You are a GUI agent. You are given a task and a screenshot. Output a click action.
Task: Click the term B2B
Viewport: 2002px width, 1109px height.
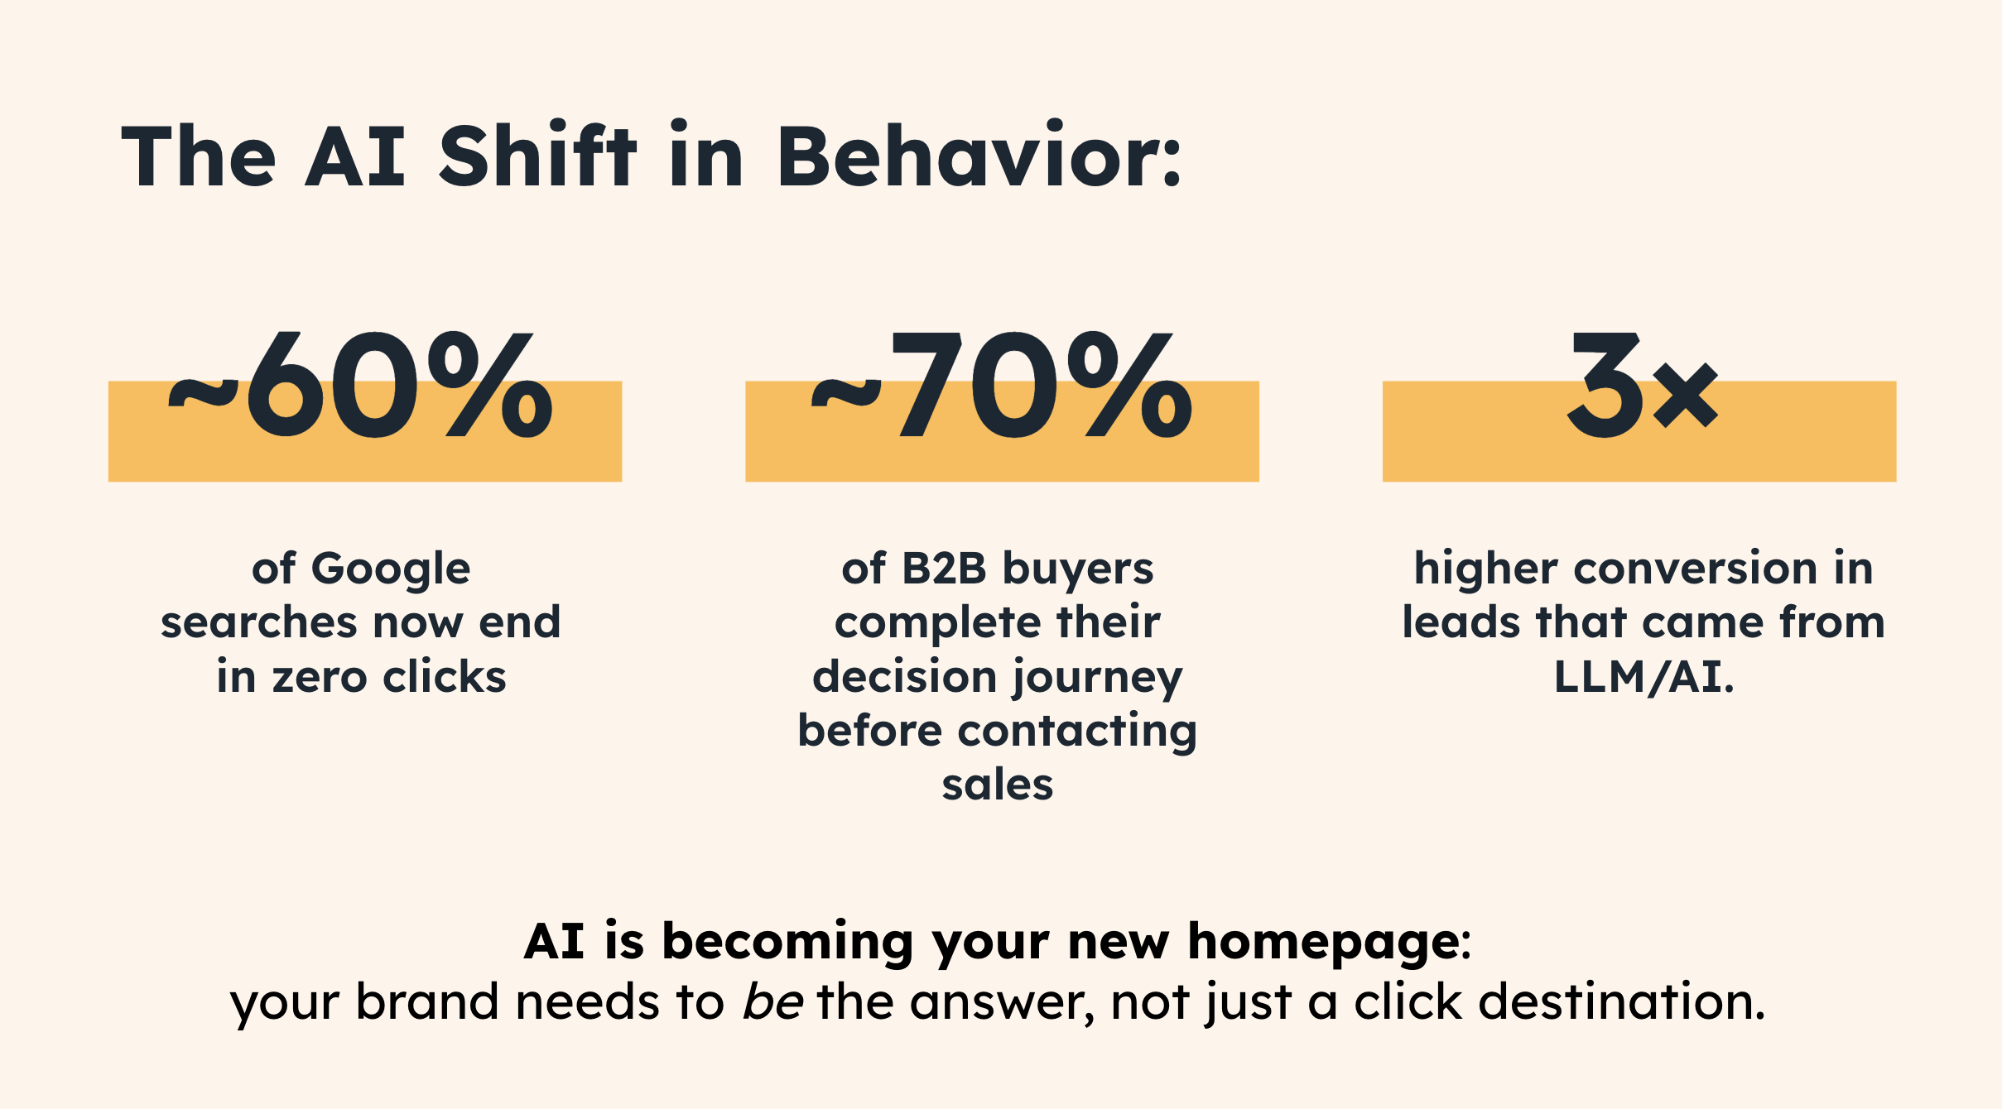point(944,569)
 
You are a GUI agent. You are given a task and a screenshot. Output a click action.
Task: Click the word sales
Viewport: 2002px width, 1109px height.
point(998,785)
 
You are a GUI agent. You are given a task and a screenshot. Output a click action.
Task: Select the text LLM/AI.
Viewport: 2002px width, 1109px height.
point(1643,677)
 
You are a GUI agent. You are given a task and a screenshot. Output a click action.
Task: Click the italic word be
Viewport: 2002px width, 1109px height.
point(772,1002)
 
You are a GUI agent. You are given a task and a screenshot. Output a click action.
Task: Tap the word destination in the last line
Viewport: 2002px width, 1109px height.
point(1621,1002)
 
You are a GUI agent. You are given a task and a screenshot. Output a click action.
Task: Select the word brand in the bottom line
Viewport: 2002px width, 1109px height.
point(426,1002)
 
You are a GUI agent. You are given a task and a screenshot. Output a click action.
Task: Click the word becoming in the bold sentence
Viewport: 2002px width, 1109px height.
point(787,944)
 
